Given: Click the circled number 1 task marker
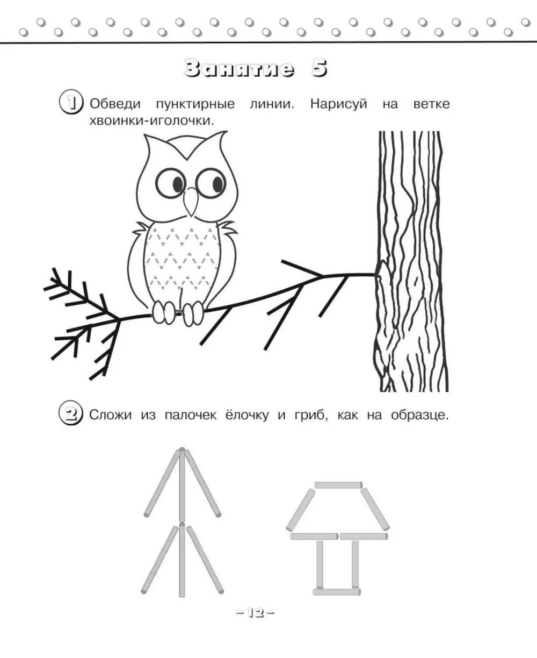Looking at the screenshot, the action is coord(71,103).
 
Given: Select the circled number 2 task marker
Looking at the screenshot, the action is coord(71,414).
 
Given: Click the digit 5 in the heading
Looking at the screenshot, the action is coord(319,68).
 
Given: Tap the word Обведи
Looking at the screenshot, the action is coord(115,104).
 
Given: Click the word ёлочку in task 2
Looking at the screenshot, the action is coord(247,415).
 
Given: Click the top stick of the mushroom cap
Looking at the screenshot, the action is coord(338,485).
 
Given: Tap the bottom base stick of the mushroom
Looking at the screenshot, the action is coord(337,592).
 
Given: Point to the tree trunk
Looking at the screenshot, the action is coord(411,261).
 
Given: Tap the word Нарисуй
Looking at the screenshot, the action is coord(339,104).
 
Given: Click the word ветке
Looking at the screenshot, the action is coord(432,104).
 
